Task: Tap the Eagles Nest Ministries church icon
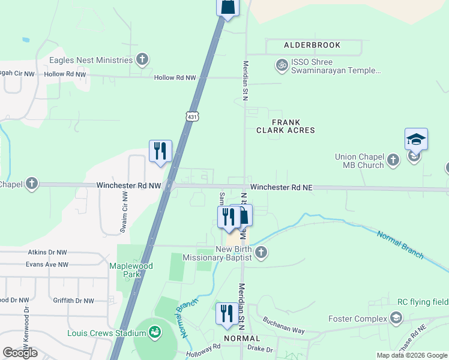click(142, 59)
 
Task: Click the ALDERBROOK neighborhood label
click(312, 45)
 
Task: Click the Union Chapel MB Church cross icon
click(393, 160)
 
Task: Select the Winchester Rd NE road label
click(282, 187)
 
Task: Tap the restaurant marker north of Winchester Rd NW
click(160, 151)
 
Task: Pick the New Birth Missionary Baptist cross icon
click(261, 253)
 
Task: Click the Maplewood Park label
click(131, 270)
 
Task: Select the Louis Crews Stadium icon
click(154, 332)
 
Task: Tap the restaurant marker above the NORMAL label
click(227, 314)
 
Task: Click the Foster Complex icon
click(396, 317)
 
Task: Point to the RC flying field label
click(423, 302)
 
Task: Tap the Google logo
click(20, 353)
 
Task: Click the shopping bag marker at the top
click(228, 7)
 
